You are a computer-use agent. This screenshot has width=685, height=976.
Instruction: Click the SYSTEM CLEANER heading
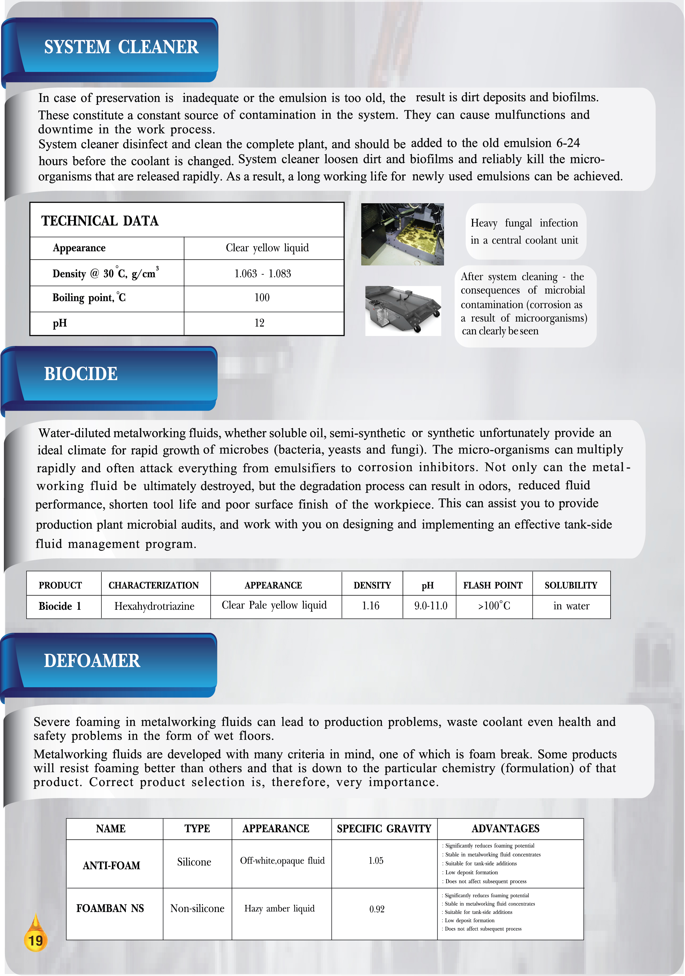tap(121, 47)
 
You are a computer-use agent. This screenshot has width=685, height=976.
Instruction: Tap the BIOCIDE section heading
tap(81, 374)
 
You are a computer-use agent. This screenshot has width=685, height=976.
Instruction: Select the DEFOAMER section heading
tap(92, 661)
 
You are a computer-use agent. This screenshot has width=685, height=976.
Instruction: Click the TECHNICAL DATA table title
tap(100, 221)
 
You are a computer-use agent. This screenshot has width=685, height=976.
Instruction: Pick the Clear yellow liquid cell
tap(267, 248)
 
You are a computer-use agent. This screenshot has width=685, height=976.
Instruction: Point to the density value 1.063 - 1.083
tap(263, 273)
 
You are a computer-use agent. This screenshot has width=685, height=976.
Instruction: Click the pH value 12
tap(259, 323)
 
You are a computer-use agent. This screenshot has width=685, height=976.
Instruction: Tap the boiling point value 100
tap(262, 298)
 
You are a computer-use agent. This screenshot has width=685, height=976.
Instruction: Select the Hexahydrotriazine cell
tap(154, 606)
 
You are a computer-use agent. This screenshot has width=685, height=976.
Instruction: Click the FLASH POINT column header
tap(493, 585)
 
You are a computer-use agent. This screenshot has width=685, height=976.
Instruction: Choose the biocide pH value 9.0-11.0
tap(431, 606)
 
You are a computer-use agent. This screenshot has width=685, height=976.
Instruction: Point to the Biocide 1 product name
tap(60, 606)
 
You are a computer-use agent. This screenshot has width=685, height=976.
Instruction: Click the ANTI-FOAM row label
tap(111, 865)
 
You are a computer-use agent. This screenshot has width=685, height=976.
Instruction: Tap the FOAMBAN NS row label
tap(110, 909)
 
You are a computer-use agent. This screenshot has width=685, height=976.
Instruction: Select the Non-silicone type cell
tap(197, 909)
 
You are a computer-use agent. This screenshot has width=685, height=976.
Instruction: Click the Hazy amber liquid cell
tap(279, 909)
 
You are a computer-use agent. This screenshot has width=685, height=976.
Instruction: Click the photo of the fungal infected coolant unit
tap(402, 234)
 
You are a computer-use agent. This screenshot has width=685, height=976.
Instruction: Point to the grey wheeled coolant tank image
tap(403, 310)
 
